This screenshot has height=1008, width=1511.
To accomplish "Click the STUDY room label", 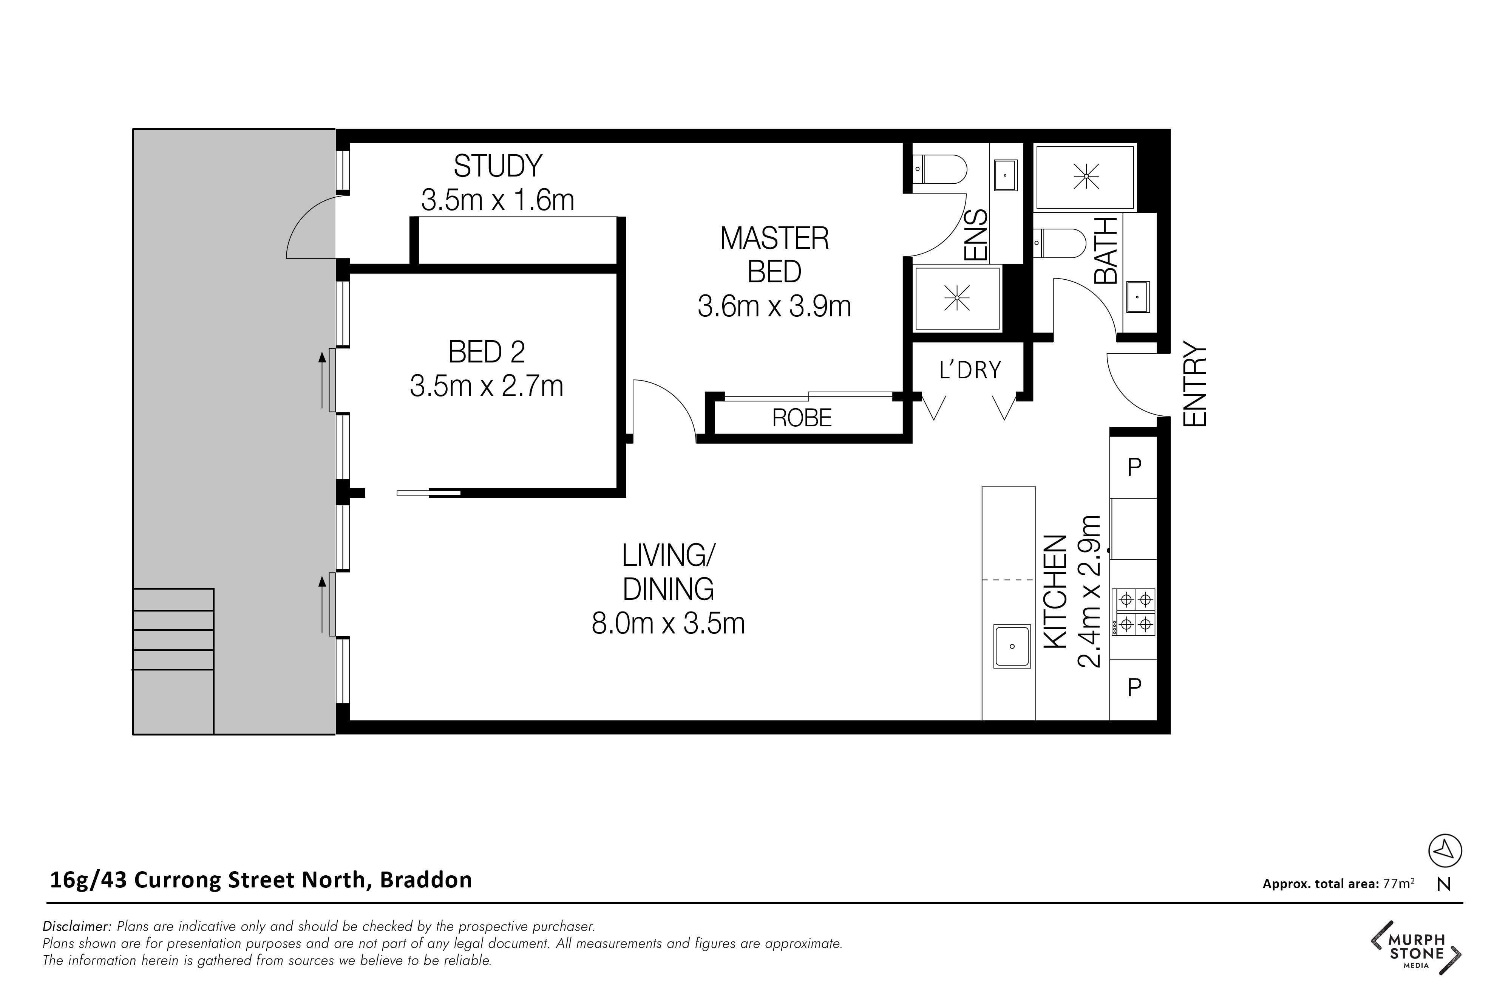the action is coord(498,167).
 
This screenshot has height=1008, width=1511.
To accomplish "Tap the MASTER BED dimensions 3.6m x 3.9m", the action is coord(774,307).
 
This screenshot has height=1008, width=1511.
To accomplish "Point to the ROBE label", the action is coord(802,418).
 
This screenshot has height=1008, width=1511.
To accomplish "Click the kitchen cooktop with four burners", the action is coord(1134,612).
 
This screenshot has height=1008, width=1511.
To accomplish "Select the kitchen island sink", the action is coord(1012,646).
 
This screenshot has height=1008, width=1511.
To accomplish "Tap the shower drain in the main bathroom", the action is coord(1086,176).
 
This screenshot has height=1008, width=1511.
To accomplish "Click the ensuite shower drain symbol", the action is coord(957,298).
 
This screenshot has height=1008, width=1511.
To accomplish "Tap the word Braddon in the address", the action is coord(426,879).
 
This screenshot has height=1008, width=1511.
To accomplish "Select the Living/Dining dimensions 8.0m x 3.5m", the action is coord(668,624).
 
